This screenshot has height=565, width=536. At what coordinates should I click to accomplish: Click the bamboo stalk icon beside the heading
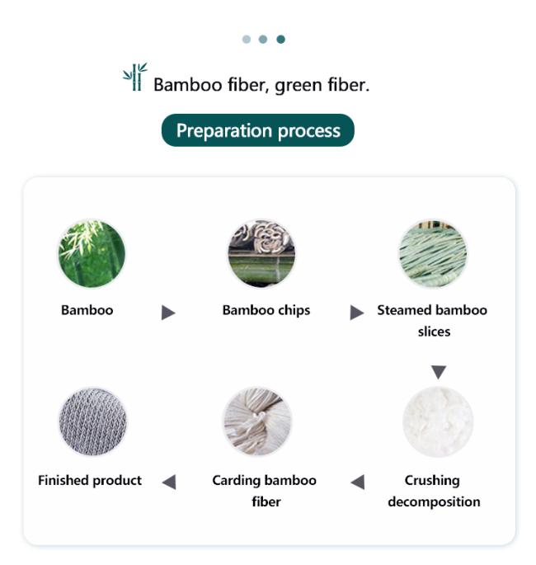pyautogui.click(x=134, y=77)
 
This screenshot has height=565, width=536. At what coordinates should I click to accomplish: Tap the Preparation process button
pyautogui.click(x=257, y=130)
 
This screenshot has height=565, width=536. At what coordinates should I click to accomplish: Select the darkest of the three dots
pyautogui.click(x=280, y=40)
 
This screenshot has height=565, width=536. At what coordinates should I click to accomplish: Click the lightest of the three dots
pyautogui.click(x=247, y=40)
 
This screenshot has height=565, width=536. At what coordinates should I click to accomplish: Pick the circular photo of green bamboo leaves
pyautogui.click(x=92, y=253)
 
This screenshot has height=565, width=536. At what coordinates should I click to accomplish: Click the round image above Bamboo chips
pyautogui.click(x=262, y=253)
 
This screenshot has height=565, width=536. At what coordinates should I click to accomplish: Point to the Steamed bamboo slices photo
pyautogui.click(x=433, y=253)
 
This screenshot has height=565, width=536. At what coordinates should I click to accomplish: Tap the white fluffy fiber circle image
pyautogui.click(x=438, y=421)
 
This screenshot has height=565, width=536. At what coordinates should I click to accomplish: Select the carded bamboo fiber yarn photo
pyautogui.click(x=257, y=421)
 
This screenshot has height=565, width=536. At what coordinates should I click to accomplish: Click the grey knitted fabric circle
pyautogui.click(x=93, y=421)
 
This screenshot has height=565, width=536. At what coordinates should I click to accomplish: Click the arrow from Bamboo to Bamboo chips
pyautogui.click(x=168, y=313)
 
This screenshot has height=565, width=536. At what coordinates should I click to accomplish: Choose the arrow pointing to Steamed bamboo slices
pyautogui.click(x=356, y=313)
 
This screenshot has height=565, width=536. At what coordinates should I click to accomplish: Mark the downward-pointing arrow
pyautogui.click(x=439, y=372)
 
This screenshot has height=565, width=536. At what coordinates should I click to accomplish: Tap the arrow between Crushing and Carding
pyautogui.click(x=357, y=483)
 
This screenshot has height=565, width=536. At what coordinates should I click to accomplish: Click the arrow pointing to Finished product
pyautogui.click(x=169, y=483)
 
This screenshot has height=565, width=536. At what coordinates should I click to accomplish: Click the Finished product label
pyautogui.click(x=90, y=480)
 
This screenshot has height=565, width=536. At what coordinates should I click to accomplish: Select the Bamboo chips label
pyautogui.click(x=266, y=310)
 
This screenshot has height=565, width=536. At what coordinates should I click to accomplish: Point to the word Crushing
pyautogui.click(x=432, y=481)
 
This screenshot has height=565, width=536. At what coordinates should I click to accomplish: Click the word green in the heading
pyautogui.click(x=299, y=86)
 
